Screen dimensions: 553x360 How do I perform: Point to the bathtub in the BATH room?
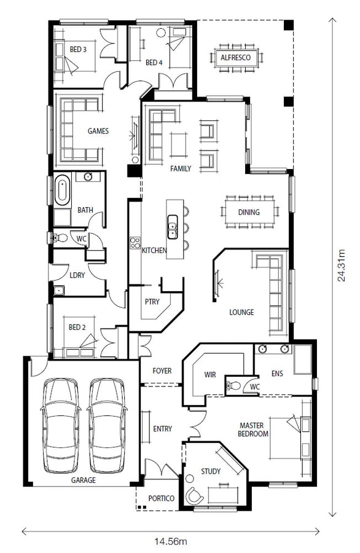click(x=61, y=190)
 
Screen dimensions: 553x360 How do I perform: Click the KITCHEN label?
click(x=154, y=251)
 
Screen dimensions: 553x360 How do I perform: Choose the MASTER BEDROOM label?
click(x=254, y=429)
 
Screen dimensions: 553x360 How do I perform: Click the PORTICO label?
click(x=162, y=498)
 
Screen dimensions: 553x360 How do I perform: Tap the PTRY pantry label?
click(x=152, y=302)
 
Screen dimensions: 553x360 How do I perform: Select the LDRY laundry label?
click(x=77, y=275)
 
